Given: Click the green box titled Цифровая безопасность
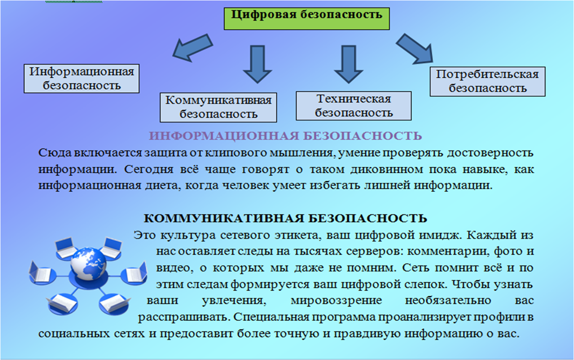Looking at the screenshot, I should [x=307, y=18].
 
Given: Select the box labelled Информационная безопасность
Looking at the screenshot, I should [x=82, y=78].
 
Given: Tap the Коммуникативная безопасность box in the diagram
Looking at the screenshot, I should [x=218, y=107].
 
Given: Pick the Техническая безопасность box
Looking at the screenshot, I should [x=354, y=106].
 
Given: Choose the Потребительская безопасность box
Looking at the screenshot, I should [x=487, y=81].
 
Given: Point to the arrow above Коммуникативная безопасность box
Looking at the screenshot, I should [x=257, y=63].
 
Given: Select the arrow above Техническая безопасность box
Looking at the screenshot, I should [x=348, y=63].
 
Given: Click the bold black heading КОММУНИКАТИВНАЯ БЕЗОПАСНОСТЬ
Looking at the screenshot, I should [x=285, y=218].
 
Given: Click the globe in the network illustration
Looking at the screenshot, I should [x=89, y=263].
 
